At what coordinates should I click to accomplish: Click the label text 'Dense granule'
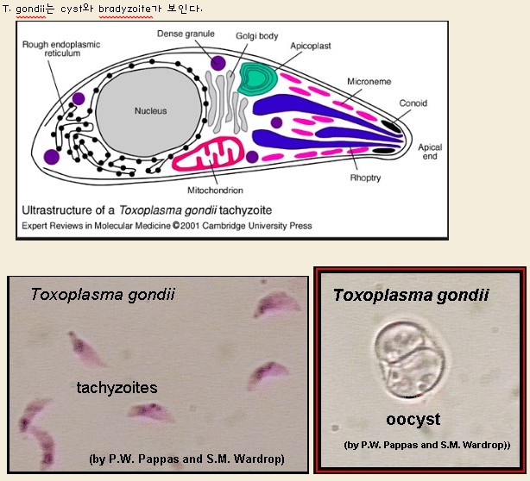(186, 34)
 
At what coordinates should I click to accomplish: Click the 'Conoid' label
(413, 103)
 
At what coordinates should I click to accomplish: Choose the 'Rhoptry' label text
(365, 178)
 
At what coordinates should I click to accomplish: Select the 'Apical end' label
(430, 153)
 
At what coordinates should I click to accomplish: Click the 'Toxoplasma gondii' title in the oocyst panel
(411, 295)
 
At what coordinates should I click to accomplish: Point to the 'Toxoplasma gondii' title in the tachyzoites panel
(103, 294)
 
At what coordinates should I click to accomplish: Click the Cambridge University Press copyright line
(164, 226)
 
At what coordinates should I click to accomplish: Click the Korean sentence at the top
(102, 8)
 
